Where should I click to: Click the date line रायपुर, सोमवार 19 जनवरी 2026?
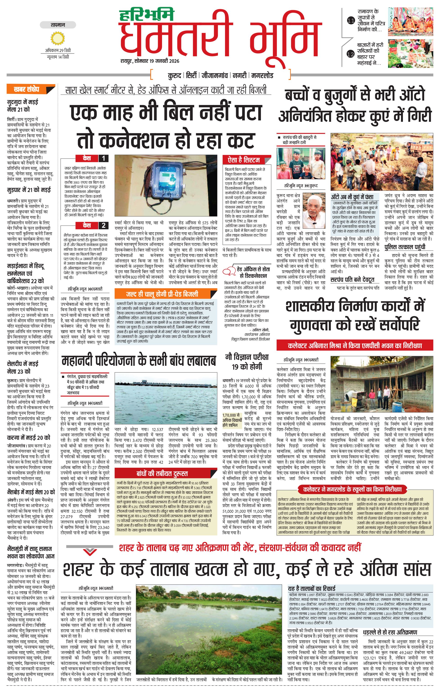(150, 61)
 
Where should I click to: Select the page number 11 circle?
(351, 20)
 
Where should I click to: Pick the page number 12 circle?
(351, 54)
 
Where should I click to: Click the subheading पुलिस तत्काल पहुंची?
(405, 247)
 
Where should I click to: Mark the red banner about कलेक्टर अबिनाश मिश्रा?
(355, 346)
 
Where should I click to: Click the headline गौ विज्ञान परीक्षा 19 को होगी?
(247, 362)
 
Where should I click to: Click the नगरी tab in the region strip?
(240, 76)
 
